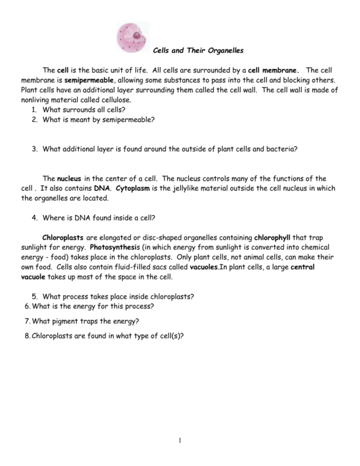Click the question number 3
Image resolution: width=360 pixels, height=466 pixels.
pyautogui.click(x=35, y=149)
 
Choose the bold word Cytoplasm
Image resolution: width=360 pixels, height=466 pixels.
pyautogui.click(x=132, y=188)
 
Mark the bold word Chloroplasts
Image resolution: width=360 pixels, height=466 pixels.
pyautogui.click(x=63, y=237)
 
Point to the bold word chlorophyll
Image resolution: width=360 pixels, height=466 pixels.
pyautogui.click(x=273, y=237)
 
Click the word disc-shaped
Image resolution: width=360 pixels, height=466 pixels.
pyautogui.click(x=149, y=237)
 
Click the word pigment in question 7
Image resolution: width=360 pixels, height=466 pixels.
pyautogui.click(x=66, y=321)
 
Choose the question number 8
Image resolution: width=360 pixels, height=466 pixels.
pyautogui.click(x=27, y=336)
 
